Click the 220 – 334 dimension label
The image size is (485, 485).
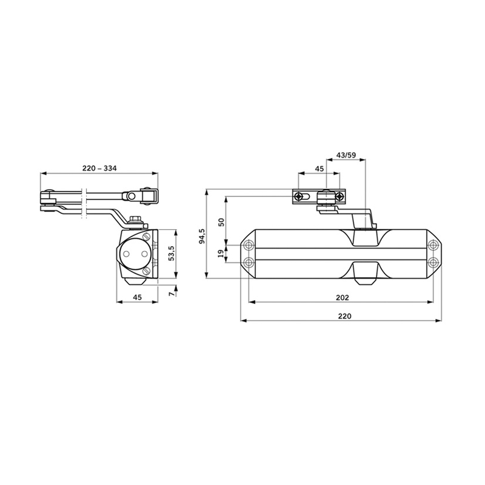(x=99, y=169)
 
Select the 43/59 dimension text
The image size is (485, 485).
(x=346, y=155)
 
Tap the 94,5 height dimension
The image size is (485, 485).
(x=202, y=236)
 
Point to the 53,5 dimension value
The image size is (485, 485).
(x=172, y=253)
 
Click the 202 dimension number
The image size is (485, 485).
(x=342, y=297)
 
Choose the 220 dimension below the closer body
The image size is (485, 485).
(x=344, y=316)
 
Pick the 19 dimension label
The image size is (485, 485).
(x=221, y=253)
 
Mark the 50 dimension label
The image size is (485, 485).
(x=221, y=222)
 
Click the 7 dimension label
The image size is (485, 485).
(x=172, y=294)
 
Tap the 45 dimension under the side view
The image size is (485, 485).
(x=137, y=297)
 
